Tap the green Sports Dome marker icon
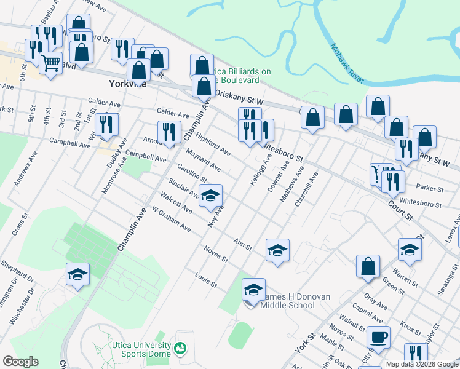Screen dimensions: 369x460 [x=181, y=349]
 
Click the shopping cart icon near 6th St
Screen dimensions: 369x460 [x=50, y=62]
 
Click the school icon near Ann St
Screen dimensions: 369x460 [x=277, y=250]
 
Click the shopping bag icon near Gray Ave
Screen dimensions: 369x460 [x=368, y=266]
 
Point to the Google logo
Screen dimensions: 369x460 [x=20, y=362]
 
